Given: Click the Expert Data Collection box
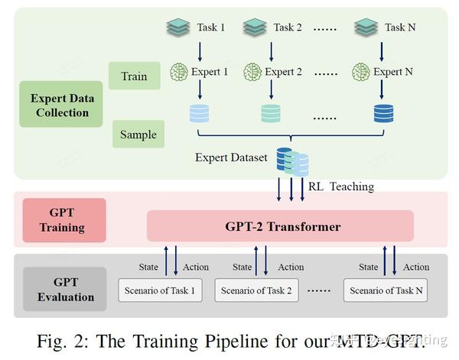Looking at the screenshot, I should pyautogui.click(x=59, y=105).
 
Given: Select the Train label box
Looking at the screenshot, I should pyautogui.click(x=134, y=76).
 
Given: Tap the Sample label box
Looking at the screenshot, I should pyautogui.click(x=138, y=135).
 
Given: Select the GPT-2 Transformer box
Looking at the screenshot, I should pyautogui.click(x=280, y=226).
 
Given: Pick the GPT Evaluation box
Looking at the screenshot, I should pyautogui.click(x=64, y=288).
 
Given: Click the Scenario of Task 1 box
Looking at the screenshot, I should pyautogui.click(x=160, y=290).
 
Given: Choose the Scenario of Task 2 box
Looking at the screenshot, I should pyautogui.click(x=256, y=290).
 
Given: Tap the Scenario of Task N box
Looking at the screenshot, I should pyautogui.click(x=386, y=290).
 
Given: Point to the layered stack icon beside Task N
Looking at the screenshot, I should pyautogui.click(x=366, y=28).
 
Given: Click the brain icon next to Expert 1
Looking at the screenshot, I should pyautogui.click(x=178, y=73).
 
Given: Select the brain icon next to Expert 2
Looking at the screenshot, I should pyautogui.click(x=252, y=73).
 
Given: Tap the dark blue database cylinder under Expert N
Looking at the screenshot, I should pyautogui.click(x=382, y=114).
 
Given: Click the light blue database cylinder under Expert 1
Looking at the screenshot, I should pyautogui.click(x=198, y=114).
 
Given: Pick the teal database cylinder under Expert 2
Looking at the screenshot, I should pyautogui.click(x=272, y=114).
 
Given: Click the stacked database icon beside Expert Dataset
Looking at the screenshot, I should pyautogui.click(x=292, y=161).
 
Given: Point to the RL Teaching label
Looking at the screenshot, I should pyautogui.click(x=341, y=186).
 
